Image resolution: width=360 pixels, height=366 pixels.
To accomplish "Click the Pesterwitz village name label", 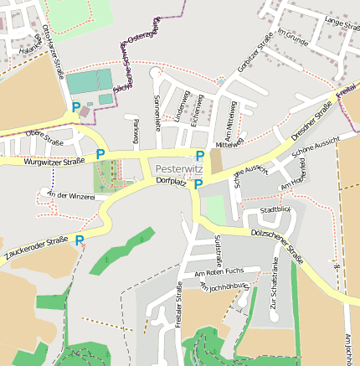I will pyautogui.click(x=179, y=168).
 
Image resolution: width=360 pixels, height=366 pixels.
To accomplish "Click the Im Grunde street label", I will pyautogui.click(x=293, y=37).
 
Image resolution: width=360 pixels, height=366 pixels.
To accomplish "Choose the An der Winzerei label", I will pyautogui.click(x=71, y=195).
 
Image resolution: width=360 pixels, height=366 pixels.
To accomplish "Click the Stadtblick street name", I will pyautogui.click(x=275, y=209).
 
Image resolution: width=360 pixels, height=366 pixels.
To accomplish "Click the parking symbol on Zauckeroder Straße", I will pyautogui.click(x=80, y=241).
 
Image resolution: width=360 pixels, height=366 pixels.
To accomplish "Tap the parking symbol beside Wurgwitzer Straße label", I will pyautogui.click(x=100, y=153).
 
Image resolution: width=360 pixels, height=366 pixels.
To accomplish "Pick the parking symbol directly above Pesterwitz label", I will pyautogui.click(x=199, y=156).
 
